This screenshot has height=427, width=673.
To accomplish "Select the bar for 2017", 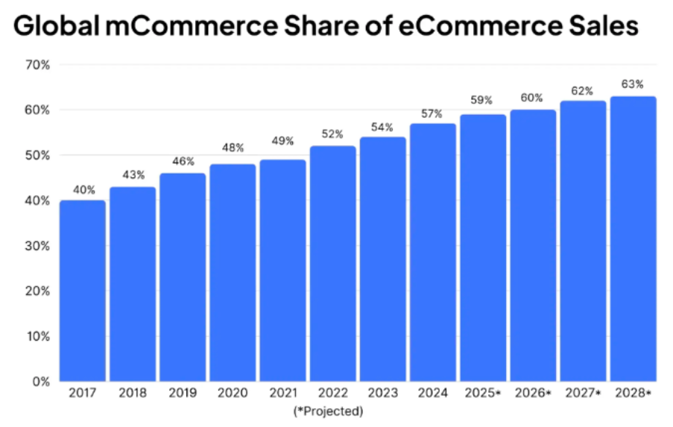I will [82, 291].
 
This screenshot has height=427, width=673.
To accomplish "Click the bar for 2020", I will [233, 272].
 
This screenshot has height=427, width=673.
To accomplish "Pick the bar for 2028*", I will [633, 238].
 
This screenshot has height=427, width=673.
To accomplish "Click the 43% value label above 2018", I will [133, 176].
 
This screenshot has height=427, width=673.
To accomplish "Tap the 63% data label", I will [633, 84].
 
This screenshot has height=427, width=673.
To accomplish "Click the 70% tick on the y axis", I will [37, 65].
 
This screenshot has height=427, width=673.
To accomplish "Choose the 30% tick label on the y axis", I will [37, 245].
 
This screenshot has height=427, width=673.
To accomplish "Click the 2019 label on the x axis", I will [183, 393].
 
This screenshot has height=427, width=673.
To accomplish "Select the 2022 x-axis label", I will [332, 393].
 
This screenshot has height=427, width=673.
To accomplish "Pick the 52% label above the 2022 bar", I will [332, 135].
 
